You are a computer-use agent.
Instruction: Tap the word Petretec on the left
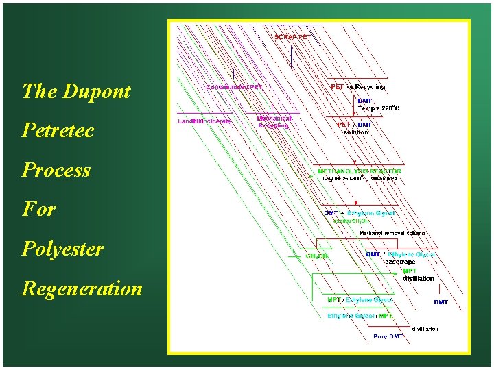pyautogui.click(x=58, y=130)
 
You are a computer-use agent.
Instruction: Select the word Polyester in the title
pyautogui.click(x=62, y=249)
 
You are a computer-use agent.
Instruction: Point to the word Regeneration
pyautogui.click(x=82, y=288)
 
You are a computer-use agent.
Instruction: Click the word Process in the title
pyautogui.click(x=56, y=170)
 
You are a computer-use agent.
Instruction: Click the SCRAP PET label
pyautogui.click(x=293, y=37)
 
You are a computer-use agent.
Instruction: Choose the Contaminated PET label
pyautogui.click(x=235, y=87)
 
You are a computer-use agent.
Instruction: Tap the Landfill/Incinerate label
pyautogui.click(x=204, y=121)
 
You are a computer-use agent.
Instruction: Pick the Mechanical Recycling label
pyautogui.click(x=274, y=122)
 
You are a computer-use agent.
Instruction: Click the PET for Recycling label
pyautogui.click(x=358, y=87)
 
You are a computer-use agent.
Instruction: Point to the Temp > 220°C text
pyautogui.click(x=379, y=108)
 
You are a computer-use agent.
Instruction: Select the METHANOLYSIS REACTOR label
pyautogui.click(x=360, y=171)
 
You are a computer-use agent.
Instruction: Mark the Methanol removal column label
pyautogui.click(x=392, y=233)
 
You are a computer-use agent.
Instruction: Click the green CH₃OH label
pyautogui.click(x=317, y=256)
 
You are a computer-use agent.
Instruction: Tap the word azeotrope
pyautogui.click(x=400, y=262)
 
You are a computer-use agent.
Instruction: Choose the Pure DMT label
pyautogui.click(x=388, y=336)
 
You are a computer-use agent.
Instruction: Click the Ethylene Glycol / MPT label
pyautogui.click(x=360, y=316)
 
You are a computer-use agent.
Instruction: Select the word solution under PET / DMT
pyautogui.click(x=356, y=132)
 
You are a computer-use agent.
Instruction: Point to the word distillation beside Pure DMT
pyautogui.click(x=425, y=329)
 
